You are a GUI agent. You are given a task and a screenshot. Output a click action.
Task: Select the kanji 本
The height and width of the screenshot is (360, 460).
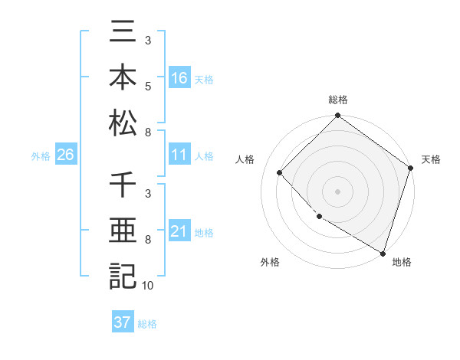click(x=123, y=77)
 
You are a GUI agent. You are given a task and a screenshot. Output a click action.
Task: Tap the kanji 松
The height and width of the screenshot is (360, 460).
click(x=123, y=123)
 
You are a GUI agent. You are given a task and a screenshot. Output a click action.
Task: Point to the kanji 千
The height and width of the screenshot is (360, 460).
click(x=123, y=186)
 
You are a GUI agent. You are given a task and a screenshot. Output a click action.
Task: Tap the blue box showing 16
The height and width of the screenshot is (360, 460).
click(x=179, y=78)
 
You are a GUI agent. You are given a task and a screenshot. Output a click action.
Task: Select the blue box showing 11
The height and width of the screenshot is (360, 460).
click(x=179, y=155)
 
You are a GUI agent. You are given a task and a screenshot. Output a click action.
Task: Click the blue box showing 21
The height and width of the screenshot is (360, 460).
click(x=179, y=232)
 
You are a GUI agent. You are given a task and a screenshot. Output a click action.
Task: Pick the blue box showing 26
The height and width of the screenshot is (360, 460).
click(x=65, y=155)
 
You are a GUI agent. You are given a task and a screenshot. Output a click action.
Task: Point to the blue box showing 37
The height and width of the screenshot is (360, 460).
click(x=122, y=322)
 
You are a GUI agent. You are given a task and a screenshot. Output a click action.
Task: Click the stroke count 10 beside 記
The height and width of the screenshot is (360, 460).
click(x=147, y=286)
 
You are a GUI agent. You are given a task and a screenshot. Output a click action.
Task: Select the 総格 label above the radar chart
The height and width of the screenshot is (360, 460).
click(x=337, y=100)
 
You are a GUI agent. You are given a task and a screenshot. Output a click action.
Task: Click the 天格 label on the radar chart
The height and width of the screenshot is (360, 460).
click(x=431, y=159)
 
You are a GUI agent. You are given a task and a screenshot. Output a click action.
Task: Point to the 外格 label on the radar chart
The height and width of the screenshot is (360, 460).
click(x=270, y=262)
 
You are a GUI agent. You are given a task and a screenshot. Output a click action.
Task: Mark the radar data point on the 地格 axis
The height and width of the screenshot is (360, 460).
click(x=382, y=251)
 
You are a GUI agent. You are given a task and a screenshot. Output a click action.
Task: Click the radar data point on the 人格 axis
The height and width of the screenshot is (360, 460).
click(x=280, y=172)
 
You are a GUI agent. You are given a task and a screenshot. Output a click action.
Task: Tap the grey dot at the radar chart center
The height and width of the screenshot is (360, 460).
click(x=337, y=191)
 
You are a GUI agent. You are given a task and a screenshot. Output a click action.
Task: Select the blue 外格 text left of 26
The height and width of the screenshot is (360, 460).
click(x=41, y=156)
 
